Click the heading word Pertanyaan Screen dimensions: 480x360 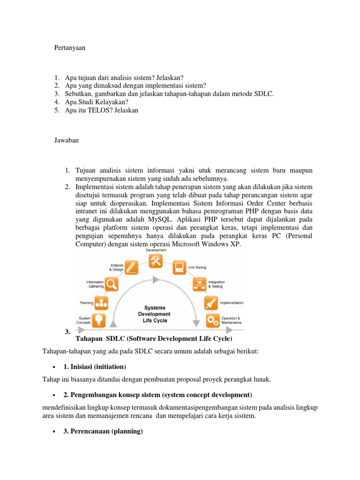70,48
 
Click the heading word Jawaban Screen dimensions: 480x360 66,140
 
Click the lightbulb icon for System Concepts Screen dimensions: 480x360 99,320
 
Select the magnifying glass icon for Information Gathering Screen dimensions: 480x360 111,284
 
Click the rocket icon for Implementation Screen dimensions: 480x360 211,303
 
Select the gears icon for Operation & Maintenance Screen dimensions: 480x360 213,320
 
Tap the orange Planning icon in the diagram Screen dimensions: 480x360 102,302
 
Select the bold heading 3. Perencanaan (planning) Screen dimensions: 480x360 103,431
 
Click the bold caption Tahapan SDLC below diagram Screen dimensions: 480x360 154,338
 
